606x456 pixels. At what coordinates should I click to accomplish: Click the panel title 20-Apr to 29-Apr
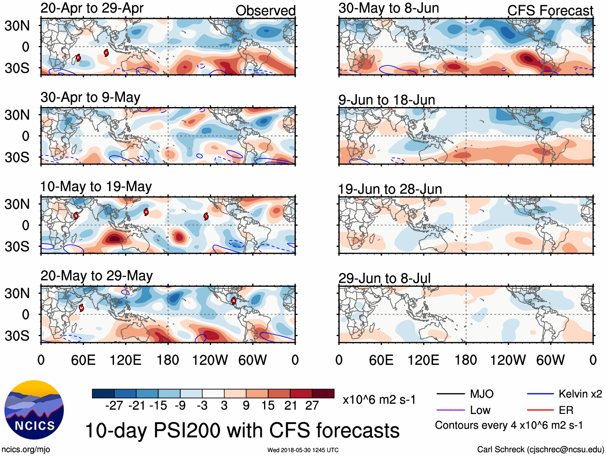point(92,8)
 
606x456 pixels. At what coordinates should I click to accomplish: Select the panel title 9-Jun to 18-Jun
point(386,99)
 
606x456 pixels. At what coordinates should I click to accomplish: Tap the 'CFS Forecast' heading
point(550,11)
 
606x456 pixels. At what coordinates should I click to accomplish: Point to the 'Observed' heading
point(265,11)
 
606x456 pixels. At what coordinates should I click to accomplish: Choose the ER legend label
point(566,410)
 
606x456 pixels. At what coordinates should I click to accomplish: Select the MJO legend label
point(482,394)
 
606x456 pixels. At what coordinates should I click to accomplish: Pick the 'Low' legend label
point(480,410)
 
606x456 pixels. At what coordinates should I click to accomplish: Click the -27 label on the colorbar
point(114,405)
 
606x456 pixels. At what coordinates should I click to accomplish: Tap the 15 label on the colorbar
point(268,405)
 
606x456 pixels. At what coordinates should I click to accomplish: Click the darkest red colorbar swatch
point(323,393)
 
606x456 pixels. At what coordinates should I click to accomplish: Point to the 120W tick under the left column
point(210,360)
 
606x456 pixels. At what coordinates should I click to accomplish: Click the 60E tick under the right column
point(381,360)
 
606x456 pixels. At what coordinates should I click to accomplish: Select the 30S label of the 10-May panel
point(17,246)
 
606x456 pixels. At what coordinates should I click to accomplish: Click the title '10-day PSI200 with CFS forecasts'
point(242,430)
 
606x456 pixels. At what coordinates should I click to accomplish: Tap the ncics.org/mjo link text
point(26,450)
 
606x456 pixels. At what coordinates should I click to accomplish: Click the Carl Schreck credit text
point(540,450)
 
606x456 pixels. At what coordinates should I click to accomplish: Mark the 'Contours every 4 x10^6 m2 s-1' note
point(509,425)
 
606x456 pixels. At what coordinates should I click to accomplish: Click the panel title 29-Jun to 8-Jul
point(384,278)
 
